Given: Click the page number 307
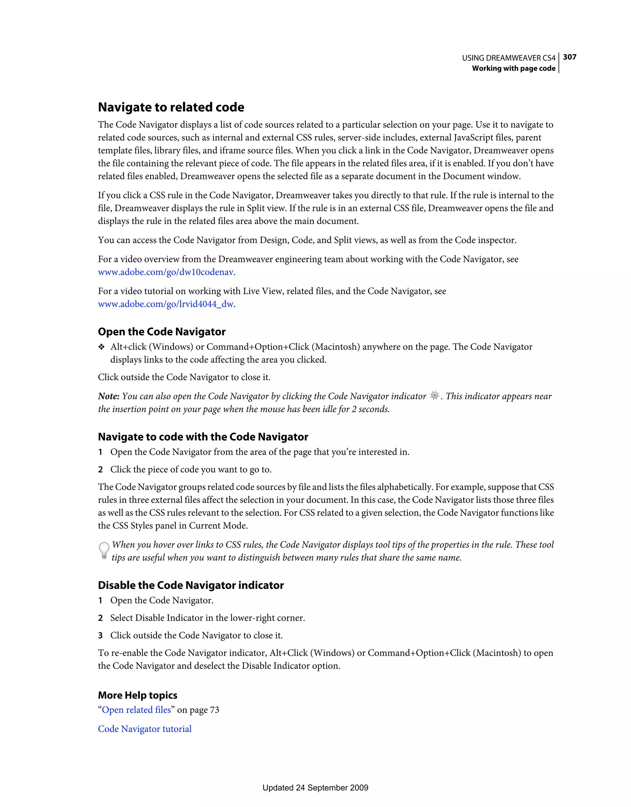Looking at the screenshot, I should (x=569, y=57).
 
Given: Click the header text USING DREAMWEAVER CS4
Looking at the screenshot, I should (x=508, y=58).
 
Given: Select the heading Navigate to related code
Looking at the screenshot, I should (x=171, y=107).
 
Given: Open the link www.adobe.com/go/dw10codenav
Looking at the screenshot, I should (x=165, y=272).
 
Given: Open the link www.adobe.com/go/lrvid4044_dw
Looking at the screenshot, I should (x=165, y=304).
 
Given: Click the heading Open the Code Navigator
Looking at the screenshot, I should (x=161, y=332).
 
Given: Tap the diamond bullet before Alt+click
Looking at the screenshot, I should (x=101, y=347).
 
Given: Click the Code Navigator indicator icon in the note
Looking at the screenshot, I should (x=435, y=395).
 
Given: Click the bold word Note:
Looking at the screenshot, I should (x=108, y=396).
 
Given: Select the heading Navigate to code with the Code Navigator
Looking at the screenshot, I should (x=203, y=437).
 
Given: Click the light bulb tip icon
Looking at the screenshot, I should (x=104, y=550).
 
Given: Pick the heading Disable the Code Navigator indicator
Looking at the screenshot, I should (x=191, y=585).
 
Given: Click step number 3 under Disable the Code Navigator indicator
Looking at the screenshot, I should (x=100, y=635).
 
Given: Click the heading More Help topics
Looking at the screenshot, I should (x=137, y=695).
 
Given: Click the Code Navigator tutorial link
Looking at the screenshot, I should (x=145, y=729).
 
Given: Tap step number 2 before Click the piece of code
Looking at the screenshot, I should (x=100, y=470).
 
